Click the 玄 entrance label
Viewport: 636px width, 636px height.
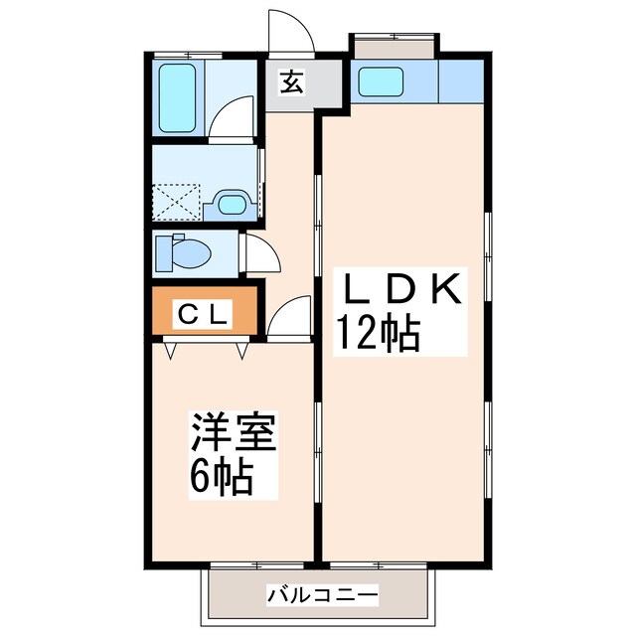point(290,83)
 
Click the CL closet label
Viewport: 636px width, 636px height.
point(204,315)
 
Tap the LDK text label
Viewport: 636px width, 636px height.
point(402,290)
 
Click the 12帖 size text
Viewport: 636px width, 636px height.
point(378,334)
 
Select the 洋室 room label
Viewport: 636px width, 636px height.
point(234,434)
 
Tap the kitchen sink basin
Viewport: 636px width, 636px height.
point(379,80)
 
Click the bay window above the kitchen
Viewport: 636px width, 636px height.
point(394,45)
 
